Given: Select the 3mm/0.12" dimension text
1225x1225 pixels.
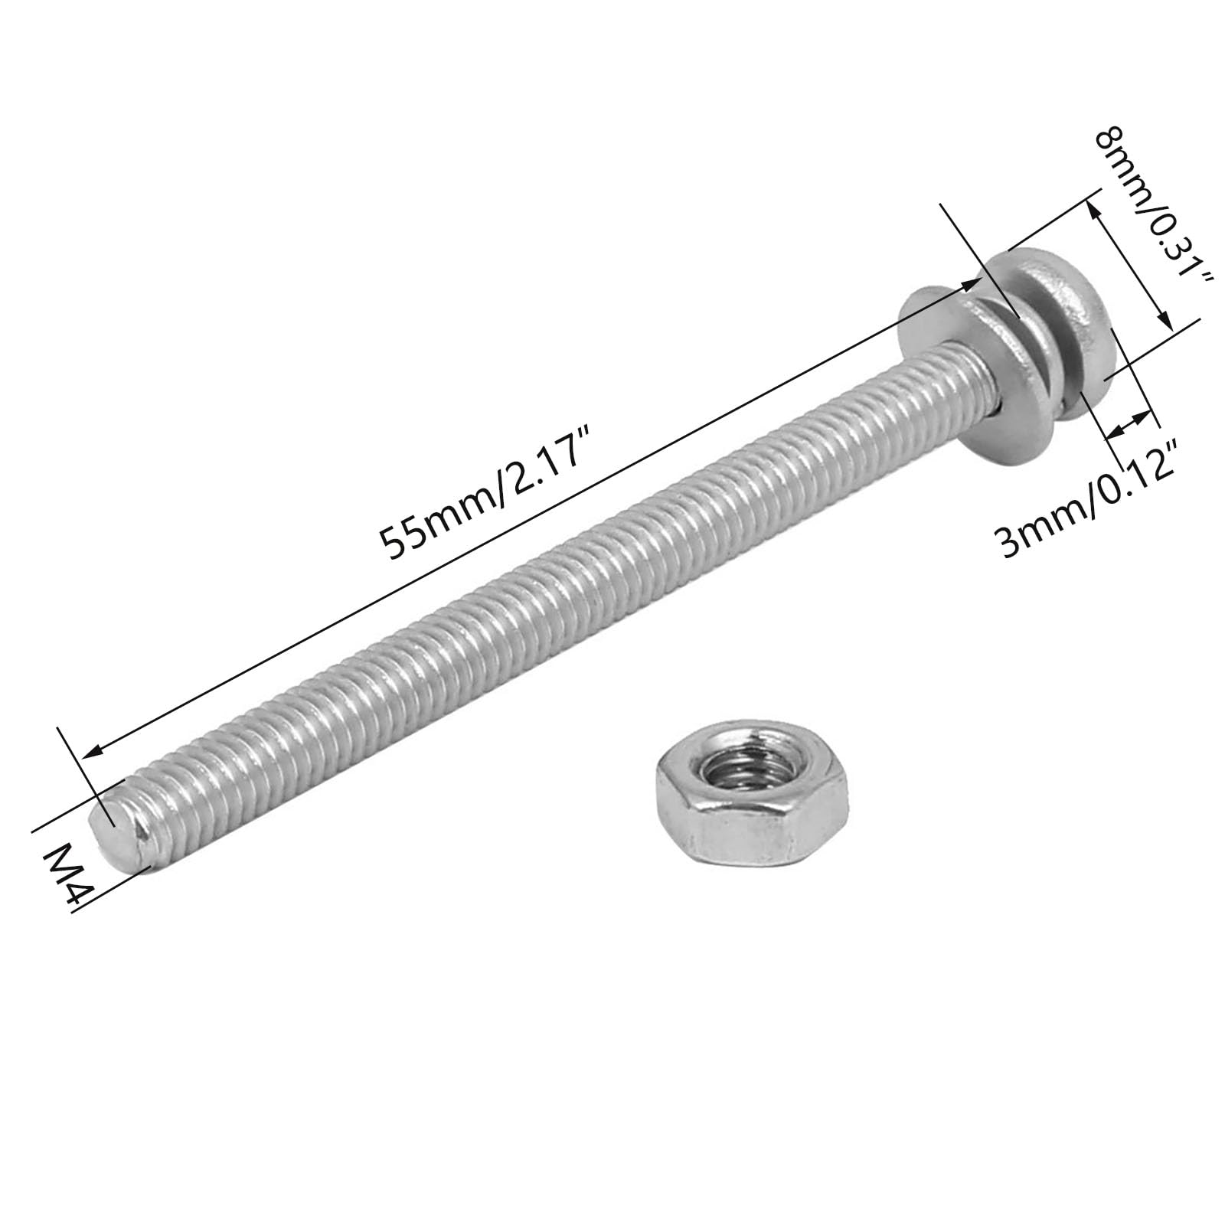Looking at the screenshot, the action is (x=1088, y=498).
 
